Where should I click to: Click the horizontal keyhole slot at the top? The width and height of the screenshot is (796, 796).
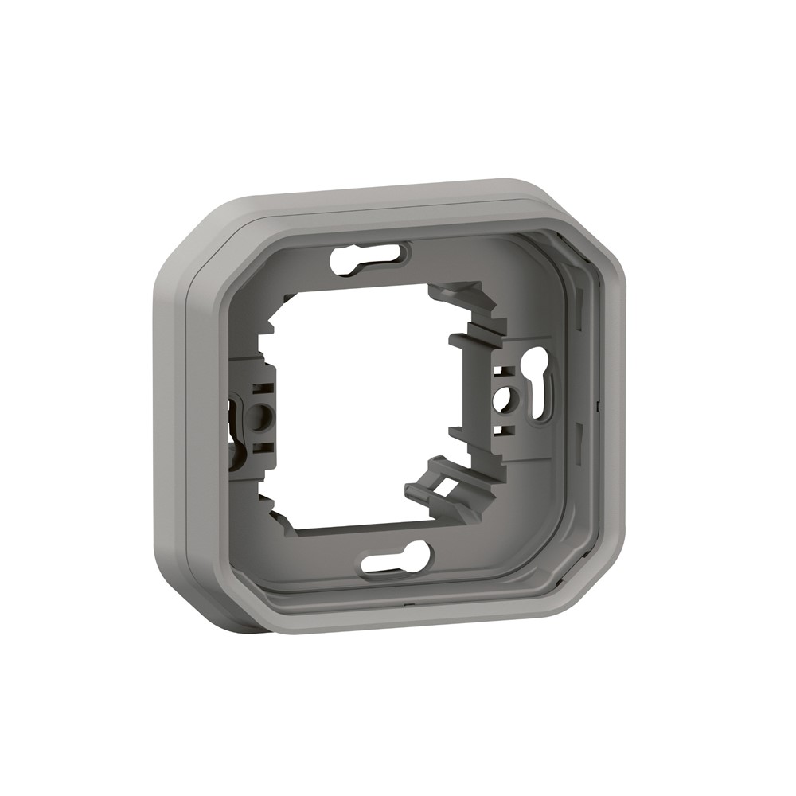368,259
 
